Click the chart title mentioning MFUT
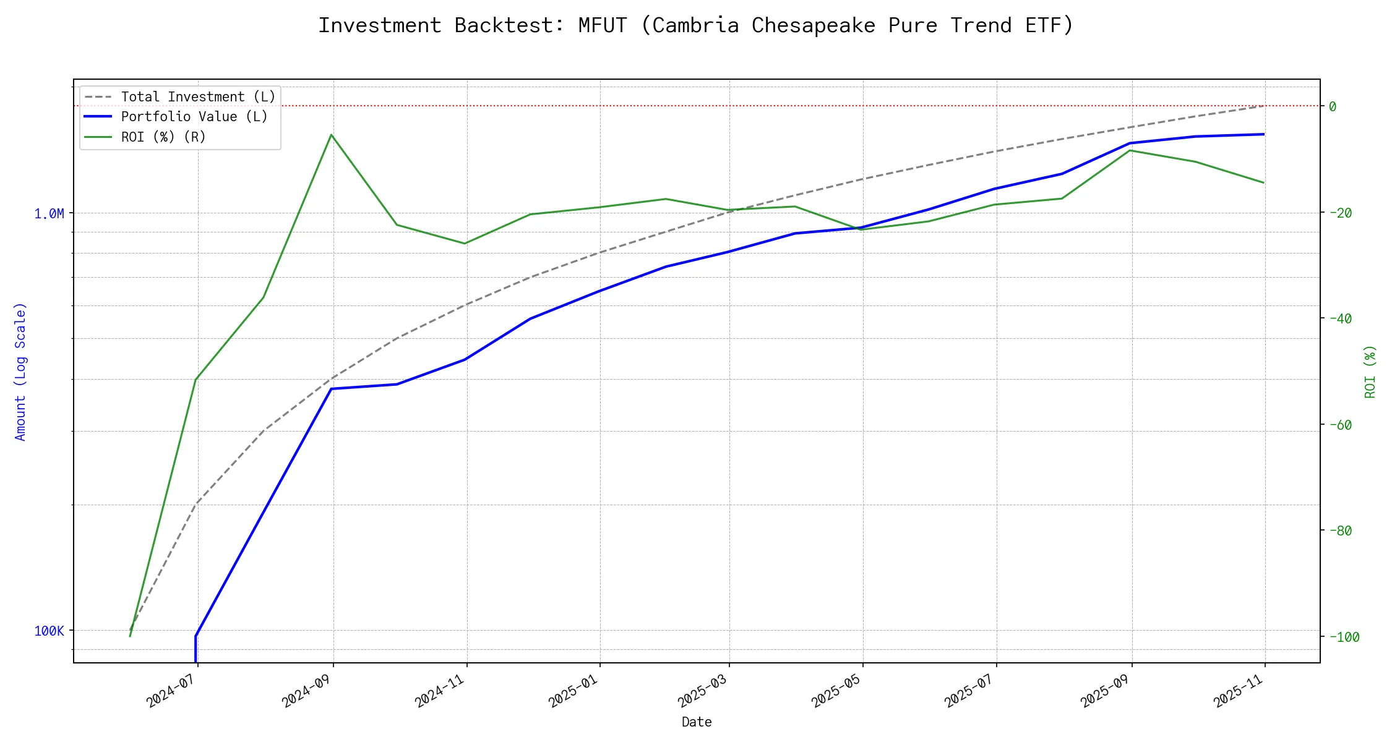click(x=695, y=25)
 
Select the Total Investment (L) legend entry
click(x=198, y=97)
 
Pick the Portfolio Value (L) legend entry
click(x=194, y=117)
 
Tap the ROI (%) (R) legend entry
click(x=163, y=137)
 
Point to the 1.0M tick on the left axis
click(x=49, y=214)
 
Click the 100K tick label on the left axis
click(x=49, y=631)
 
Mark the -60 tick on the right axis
click(x=1340, y=425)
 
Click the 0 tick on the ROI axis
click(x=1333, y=106)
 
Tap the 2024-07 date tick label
click(x=170, y=690)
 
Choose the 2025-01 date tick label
click(x=573, y=690)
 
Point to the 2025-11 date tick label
click(x=1238, y=690)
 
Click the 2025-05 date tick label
click(x=836, y=690)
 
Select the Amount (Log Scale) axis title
click(x=21, y=372)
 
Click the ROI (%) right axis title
click(x=1370, y=372)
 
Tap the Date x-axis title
click(x=697, y=722)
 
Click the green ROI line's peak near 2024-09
click(x=332, y=135)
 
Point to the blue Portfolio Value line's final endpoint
click(x=1263, y=134)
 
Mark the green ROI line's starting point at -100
click(x=130, y=636)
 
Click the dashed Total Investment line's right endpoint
click(x=1263, y=106)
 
